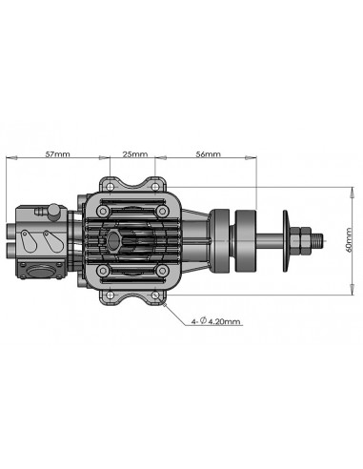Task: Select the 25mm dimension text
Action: coord(134,154)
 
